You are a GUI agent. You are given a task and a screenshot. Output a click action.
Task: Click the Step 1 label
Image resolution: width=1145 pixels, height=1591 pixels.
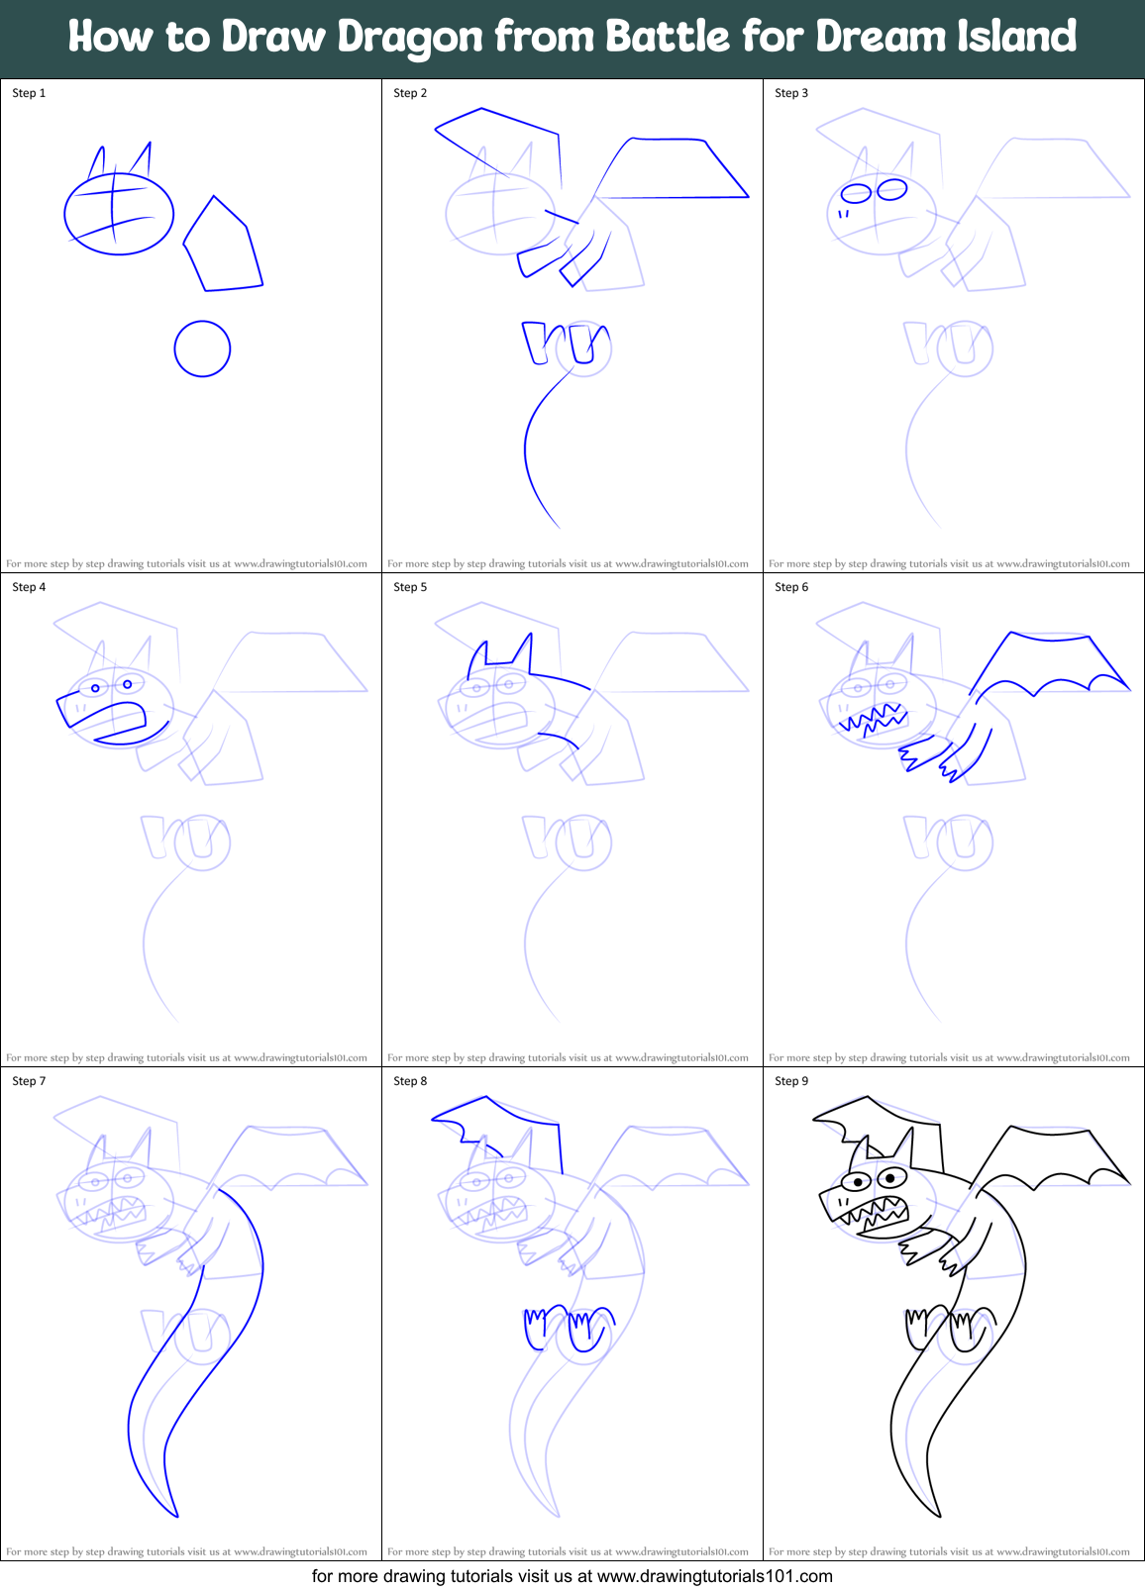pyautogui.click(x=29, y=93)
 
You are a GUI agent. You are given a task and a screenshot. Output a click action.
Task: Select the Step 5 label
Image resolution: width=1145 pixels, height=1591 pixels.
pyautogui.click(x=410, y=587)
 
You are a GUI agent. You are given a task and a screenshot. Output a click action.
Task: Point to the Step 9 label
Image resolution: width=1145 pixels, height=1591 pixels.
pyautogui.click(x=791, y=1081)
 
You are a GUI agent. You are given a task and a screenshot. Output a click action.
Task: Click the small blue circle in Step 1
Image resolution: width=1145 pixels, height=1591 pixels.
pyautogui.click(x=202, y=348)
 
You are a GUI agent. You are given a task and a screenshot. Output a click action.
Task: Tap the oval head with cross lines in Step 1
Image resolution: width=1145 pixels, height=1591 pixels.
pyautogui.click(x=119, y=213)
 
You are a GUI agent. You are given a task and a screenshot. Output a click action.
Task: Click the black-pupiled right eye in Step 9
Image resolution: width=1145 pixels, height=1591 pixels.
pyautogui.click(x=891, y=1177)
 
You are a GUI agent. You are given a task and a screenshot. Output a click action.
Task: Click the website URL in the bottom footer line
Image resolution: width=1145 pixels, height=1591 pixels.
pyautogui.click(x=714, y=1576)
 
